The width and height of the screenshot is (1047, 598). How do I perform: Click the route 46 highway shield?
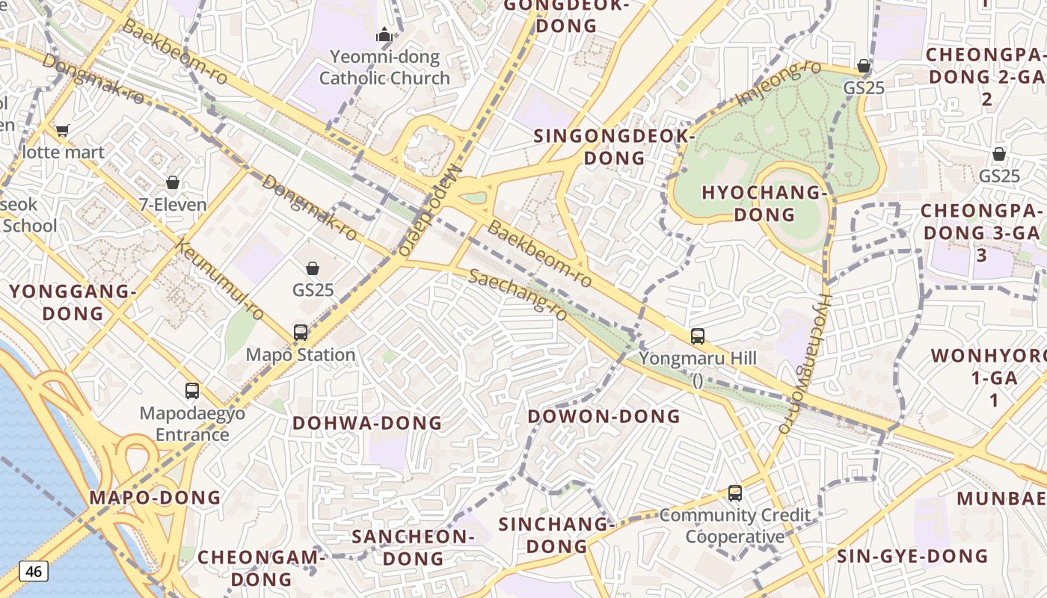(34, 572)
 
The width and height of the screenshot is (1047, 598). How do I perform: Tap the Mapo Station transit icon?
(301, 333)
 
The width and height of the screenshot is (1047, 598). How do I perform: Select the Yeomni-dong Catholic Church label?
(384, 67)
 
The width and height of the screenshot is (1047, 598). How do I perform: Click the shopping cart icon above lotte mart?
(63, 131)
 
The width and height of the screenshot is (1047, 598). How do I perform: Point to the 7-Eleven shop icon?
(173, 182)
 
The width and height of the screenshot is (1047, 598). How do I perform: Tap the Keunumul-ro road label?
(220, 279)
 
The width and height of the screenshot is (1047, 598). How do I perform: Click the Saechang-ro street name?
(518, 295)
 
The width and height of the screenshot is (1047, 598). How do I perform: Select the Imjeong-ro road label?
(778, 84)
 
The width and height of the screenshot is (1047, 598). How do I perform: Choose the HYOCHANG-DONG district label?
(764, 203)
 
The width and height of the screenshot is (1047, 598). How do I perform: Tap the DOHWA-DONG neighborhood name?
(367, 423)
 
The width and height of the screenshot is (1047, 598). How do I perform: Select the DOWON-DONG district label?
(604, 416)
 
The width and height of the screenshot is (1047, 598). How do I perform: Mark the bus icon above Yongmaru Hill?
(698, 336)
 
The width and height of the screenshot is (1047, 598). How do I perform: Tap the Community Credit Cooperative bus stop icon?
(735, 493)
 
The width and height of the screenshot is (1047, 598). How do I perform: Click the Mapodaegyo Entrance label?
(192, 424)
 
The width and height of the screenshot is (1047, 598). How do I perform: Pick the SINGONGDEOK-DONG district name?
(614, 147)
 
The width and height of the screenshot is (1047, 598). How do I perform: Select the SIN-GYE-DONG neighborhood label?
(912, 556)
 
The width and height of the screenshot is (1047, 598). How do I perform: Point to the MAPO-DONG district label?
(155, 498)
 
